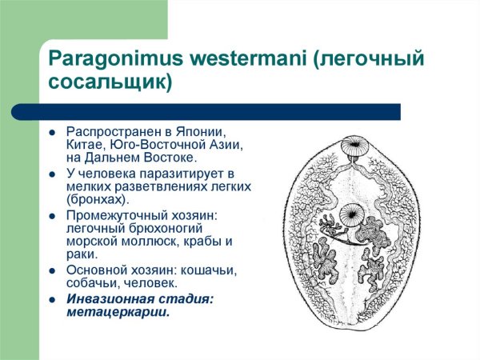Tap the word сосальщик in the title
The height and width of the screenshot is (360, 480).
(x=106, y=82)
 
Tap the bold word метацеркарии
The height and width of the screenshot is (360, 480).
(x=118, y=312)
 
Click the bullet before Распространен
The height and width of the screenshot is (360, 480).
(x=51, y=131)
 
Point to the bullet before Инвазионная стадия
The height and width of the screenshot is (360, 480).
(x=51, y=298)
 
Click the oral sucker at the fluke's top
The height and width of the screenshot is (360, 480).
(x=352, y=148)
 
